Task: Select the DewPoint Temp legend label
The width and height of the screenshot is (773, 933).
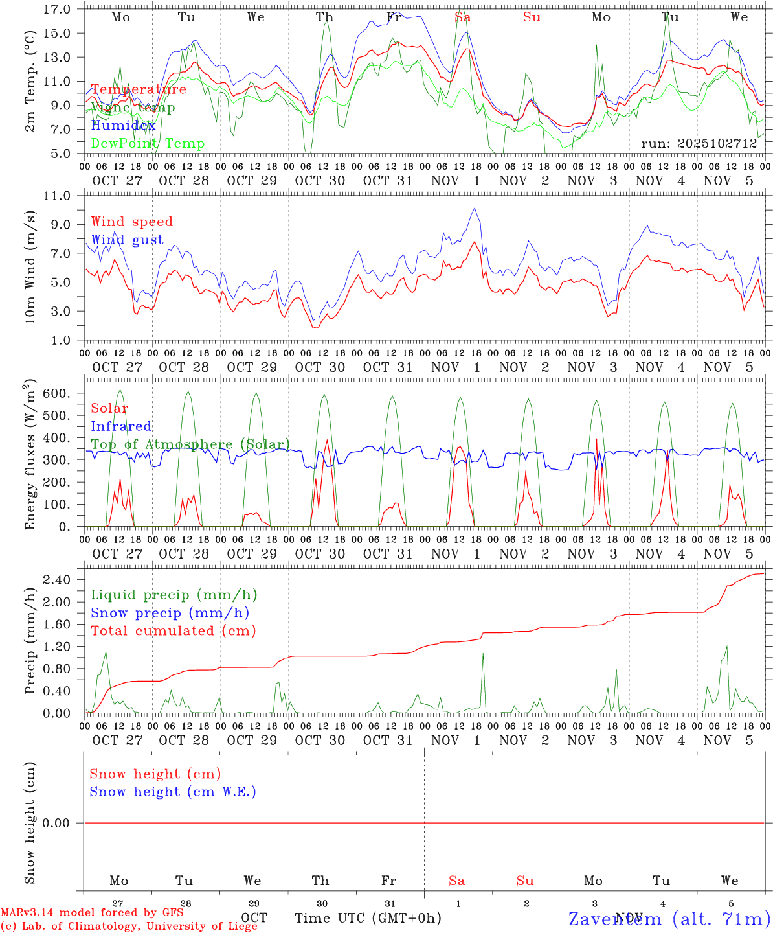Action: pyautogui.click(x=148, y=144)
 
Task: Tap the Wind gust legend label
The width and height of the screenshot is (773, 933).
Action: pyautogui.click(x=127, y=240)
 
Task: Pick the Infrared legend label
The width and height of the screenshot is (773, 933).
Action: pyautogui.click(x=121, y=426)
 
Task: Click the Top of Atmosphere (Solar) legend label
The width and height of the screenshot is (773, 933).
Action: pyautogui.click(x=190, y=444)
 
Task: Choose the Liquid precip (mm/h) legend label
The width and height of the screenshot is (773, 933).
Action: pyautogui.click(x=174, y=595)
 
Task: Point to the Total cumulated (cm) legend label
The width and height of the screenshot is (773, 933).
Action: pyautogui.click(x=173, y=630)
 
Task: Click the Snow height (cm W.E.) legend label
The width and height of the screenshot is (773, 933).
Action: pyautogui.click(x=173, y=792)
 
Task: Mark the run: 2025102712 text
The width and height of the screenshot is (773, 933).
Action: pyautogui.click(x=699, y=144)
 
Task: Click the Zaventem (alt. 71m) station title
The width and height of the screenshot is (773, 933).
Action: pyautogui.click(x=669, y=919)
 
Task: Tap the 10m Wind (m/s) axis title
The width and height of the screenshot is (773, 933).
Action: pyautogui.click(x=30, y=267)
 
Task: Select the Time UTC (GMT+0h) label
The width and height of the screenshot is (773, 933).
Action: pyautogui.click(x=368, y=918)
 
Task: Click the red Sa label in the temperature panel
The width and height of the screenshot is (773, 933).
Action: pyautogui.click(x=462, y=17)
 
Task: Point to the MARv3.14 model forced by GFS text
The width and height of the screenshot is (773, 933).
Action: pyautogui.click(x=92, y=913)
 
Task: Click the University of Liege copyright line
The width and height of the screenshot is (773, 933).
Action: pyautogui.click(x=129, y=927)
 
